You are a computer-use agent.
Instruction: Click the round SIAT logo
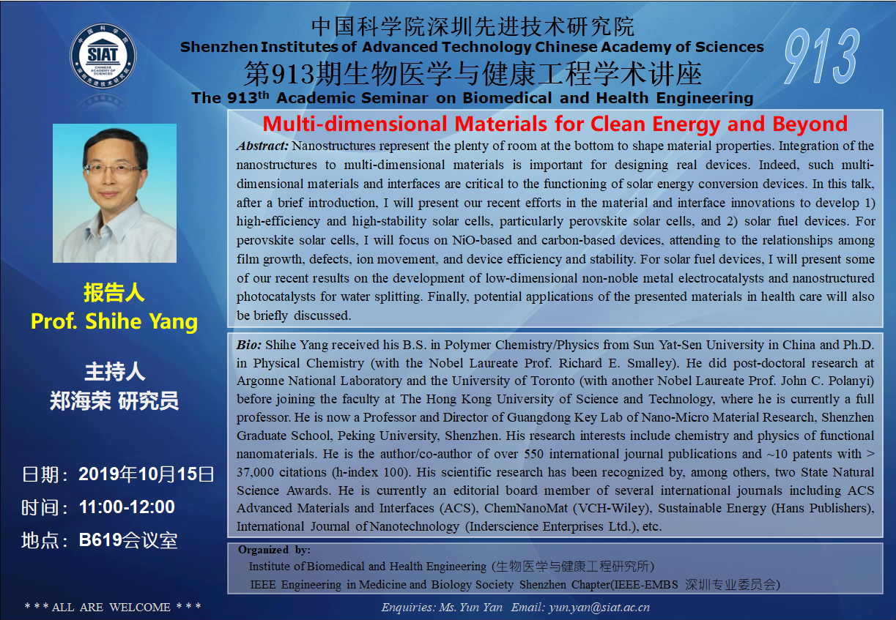[x=103, y=56]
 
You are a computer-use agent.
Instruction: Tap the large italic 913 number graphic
[x=822, y=56]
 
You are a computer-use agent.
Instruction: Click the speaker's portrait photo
[x=114, y=193]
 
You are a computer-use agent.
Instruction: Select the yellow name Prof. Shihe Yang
[x=114, y=321]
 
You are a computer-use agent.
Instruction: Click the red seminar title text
[x=555, y=124]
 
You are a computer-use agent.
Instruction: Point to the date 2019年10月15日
[x=146, y=474]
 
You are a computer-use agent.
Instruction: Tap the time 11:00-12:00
[x=127, y=507]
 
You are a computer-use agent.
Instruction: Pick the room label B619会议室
[x=128, y=540]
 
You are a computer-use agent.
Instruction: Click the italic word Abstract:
[x=262, y=146]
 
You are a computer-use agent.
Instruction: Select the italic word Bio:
[x=249, y=345]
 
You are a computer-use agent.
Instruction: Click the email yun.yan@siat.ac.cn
[x=599, y=608]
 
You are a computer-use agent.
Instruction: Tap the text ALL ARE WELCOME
[x=111, y=608]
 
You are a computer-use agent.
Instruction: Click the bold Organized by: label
[x=274, y=550]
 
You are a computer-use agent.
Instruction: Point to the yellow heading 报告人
[x=114, y=292]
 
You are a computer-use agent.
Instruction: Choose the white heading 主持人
[x=114, y=371]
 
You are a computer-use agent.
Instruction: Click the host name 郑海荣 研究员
[x=114, y=401]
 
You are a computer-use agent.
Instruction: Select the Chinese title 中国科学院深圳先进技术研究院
[x=473, y=26]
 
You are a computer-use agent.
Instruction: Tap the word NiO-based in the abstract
[x=482, y=240]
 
